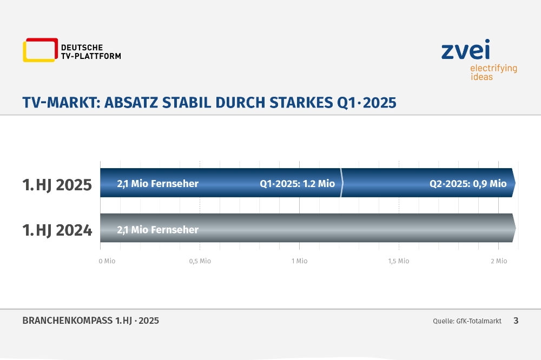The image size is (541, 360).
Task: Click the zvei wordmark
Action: (465, 50)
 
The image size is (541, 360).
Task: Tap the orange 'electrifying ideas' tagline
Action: (493, 72)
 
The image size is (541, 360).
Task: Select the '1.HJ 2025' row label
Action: (57, 185)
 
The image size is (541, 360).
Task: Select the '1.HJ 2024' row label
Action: (57, 230)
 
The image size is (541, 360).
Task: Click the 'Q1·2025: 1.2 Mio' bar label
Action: (297, 183)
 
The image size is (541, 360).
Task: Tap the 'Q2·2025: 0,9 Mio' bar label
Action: (468, 183)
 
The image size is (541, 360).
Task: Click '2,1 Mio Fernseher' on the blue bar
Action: (157, 183)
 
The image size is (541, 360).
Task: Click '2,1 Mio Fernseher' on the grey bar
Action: (157, 230)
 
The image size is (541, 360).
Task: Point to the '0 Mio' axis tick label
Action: (107, 261)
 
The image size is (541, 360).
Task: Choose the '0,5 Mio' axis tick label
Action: (200, 261)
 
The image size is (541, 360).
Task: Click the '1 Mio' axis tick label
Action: (300, 261)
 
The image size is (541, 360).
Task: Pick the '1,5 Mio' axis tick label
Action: (399, 261)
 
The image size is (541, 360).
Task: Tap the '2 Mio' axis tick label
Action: (499, 261)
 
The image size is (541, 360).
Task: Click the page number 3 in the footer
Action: (516, 321)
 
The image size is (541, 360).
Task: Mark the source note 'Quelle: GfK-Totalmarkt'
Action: (467, 321)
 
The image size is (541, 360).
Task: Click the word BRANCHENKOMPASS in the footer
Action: (68, 321)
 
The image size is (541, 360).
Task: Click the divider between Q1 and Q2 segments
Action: (341, 183)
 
